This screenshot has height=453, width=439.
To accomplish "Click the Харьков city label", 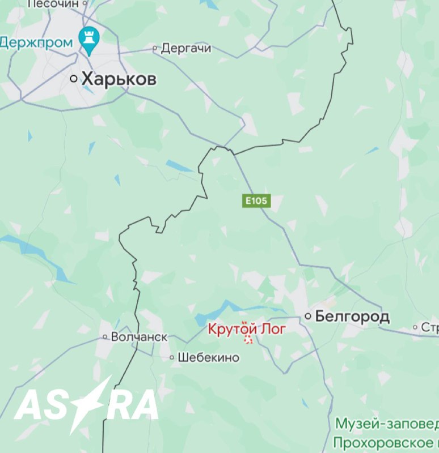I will tap(119, 79).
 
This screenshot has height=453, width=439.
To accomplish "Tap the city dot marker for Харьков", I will tap(74, 79).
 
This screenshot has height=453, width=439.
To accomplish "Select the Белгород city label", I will tap(352, 317).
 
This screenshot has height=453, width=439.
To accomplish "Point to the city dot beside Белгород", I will tap(307, 317).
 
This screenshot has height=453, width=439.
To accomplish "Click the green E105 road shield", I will tap(256, 200).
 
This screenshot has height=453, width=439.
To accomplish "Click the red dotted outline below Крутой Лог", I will tap(247, 340).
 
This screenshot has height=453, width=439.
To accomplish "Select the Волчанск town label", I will tap(139, 337).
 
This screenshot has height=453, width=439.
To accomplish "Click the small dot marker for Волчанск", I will tap(105, 337).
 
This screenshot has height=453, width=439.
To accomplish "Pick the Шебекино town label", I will tap(208, 358).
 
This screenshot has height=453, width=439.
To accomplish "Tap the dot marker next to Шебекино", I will tap(172, 357).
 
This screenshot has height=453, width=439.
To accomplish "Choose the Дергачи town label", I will tap(186, 49).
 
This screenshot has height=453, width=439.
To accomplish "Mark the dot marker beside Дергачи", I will tap(155, 49).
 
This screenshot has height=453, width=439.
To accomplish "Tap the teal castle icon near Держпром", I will tap(90, 39).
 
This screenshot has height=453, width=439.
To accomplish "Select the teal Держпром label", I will tap(36, 42).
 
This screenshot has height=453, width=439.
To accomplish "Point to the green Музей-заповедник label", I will tap(386, 424).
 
